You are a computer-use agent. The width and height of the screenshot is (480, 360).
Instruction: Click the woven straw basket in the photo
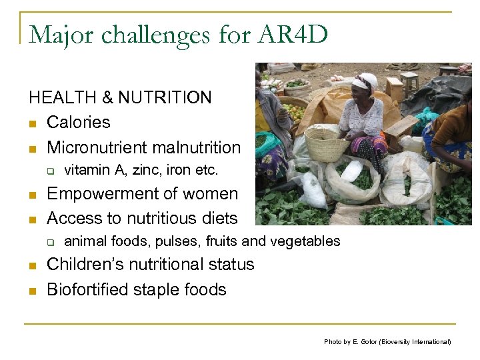coord(326,143)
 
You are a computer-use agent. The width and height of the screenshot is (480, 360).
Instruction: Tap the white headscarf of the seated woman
coord(365,81)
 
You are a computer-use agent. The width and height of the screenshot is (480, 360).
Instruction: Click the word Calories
coord(78,123)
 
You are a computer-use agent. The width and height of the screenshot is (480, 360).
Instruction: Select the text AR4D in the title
coord(295,34)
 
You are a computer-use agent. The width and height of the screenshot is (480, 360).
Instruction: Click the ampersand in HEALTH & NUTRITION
coord(110,98)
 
